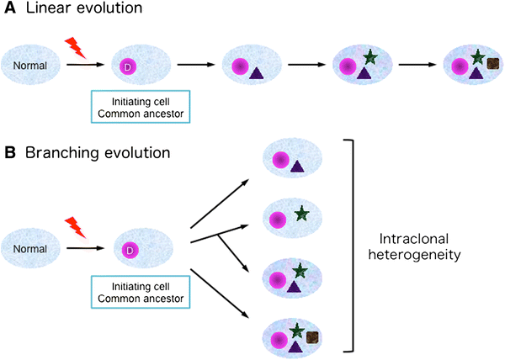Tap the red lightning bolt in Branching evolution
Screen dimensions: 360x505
coord(76,226)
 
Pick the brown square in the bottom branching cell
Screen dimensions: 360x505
coord(312,337)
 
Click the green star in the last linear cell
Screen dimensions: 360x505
coord(477,56)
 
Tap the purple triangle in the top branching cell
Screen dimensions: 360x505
coord(297,168)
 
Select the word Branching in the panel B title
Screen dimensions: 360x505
coord(60,154)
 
